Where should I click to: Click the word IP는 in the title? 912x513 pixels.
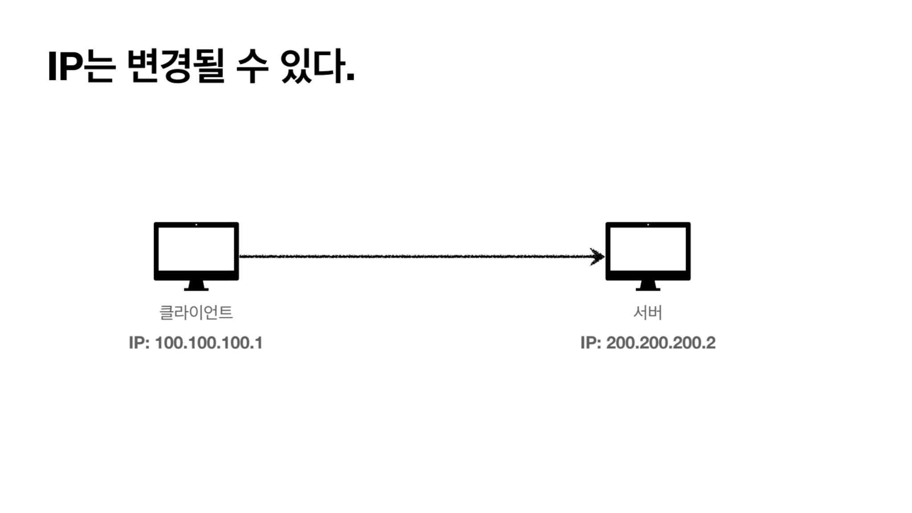pyautogui.click(x=81, y=67)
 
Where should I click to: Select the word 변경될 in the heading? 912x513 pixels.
pyautogui.click(x=175, y=67)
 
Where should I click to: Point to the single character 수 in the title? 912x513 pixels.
pyautogui.click(x=252, y=67)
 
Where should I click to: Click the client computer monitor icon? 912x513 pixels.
pyautogui.click(x=196, y=256)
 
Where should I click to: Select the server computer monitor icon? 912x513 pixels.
pyautogui.click(x=648, y=256)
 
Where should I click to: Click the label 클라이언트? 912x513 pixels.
pyautogui.click(x=196, y=312)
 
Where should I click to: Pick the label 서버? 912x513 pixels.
pyautogui.click(x=648, y=312)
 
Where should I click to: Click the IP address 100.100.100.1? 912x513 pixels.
pyautogui.click(x=209, y=343)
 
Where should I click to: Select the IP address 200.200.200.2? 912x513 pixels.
pyautogui.click(x=661, y=343)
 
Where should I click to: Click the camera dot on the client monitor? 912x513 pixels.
pyautogui.click(x=196, y=224)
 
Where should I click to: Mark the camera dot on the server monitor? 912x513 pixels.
pyautogui.click(x=648, y=224)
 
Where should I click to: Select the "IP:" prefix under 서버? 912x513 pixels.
pyautogui.click(x=591, y=343)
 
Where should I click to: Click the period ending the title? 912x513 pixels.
pyautogui.click(x=350, y=79)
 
